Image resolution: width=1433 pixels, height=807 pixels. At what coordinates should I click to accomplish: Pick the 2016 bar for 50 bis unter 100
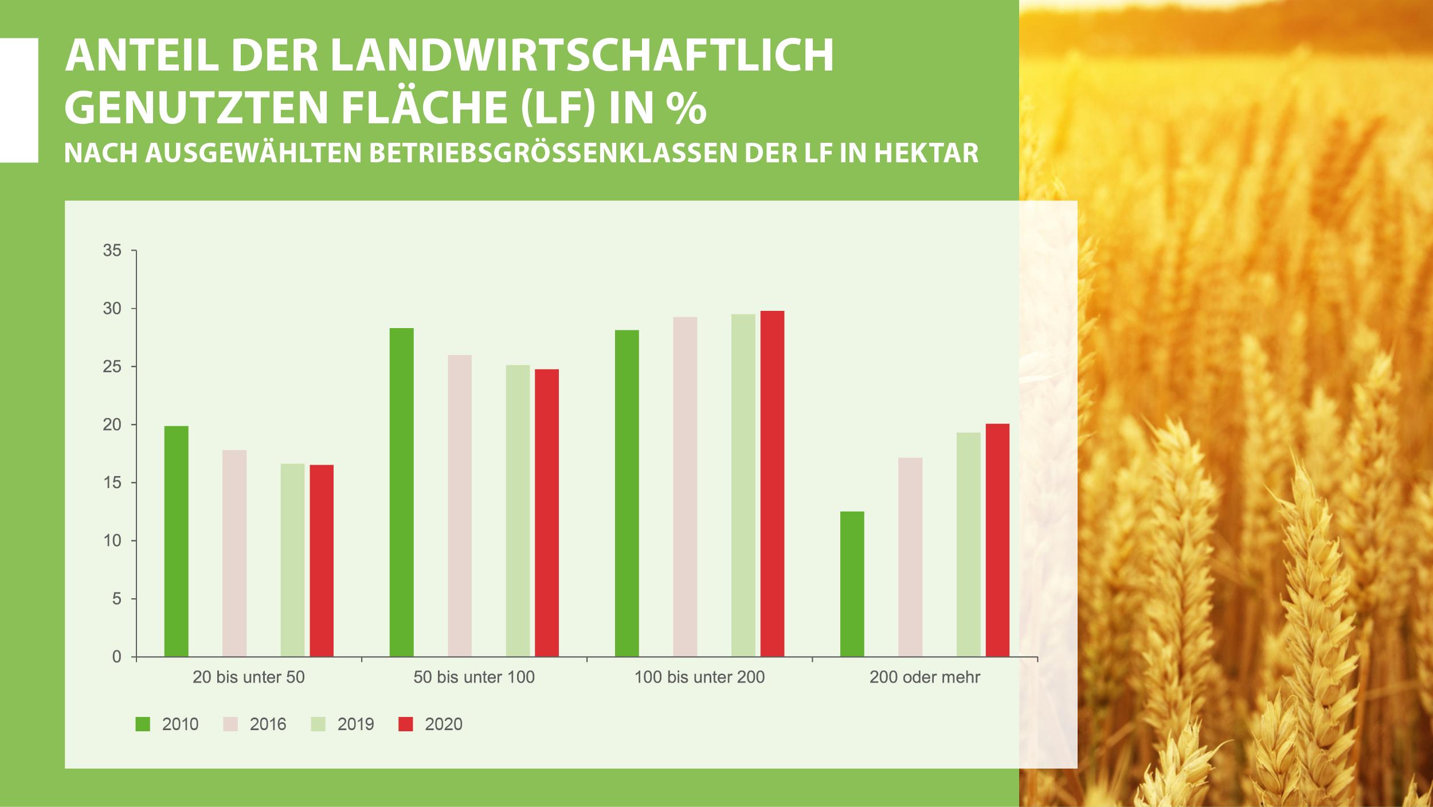click(460, 505)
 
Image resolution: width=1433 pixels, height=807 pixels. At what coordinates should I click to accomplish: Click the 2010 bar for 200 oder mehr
click(852, 583)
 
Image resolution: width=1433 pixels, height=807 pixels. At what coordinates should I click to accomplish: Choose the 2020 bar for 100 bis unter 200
click(772, 484)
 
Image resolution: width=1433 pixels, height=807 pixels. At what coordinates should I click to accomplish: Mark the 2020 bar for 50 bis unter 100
click(547, 513)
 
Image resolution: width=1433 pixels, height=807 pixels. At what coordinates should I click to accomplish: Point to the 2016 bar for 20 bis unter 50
click(234, 553)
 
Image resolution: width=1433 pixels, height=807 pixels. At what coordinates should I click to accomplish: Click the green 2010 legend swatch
click(143, 724)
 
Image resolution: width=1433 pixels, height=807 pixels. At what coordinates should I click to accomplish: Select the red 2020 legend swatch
click(405, 724)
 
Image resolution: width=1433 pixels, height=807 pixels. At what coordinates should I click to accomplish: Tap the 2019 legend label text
click(355, 724)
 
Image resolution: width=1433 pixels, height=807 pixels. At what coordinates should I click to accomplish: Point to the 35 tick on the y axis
click(112, 251)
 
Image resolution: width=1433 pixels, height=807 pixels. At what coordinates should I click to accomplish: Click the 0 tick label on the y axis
click(117, 657)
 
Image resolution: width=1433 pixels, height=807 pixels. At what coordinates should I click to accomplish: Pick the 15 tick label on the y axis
click(112, 482)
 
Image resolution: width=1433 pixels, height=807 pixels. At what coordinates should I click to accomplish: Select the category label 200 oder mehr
click(925, 677)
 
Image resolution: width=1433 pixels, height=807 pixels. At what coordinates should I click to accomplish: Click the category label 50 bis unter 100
click(474, 677)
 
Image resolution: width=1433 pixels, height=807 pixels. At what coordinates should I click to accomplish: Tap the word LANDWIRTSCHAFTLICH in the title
click(582, 56)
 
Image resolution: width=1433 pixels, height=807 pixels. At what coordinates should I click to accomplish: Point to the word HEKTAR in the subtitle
click(926, 153)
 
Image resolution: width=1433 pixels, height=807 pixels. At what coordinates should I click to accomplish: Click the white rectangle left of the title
click(19, 100)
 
